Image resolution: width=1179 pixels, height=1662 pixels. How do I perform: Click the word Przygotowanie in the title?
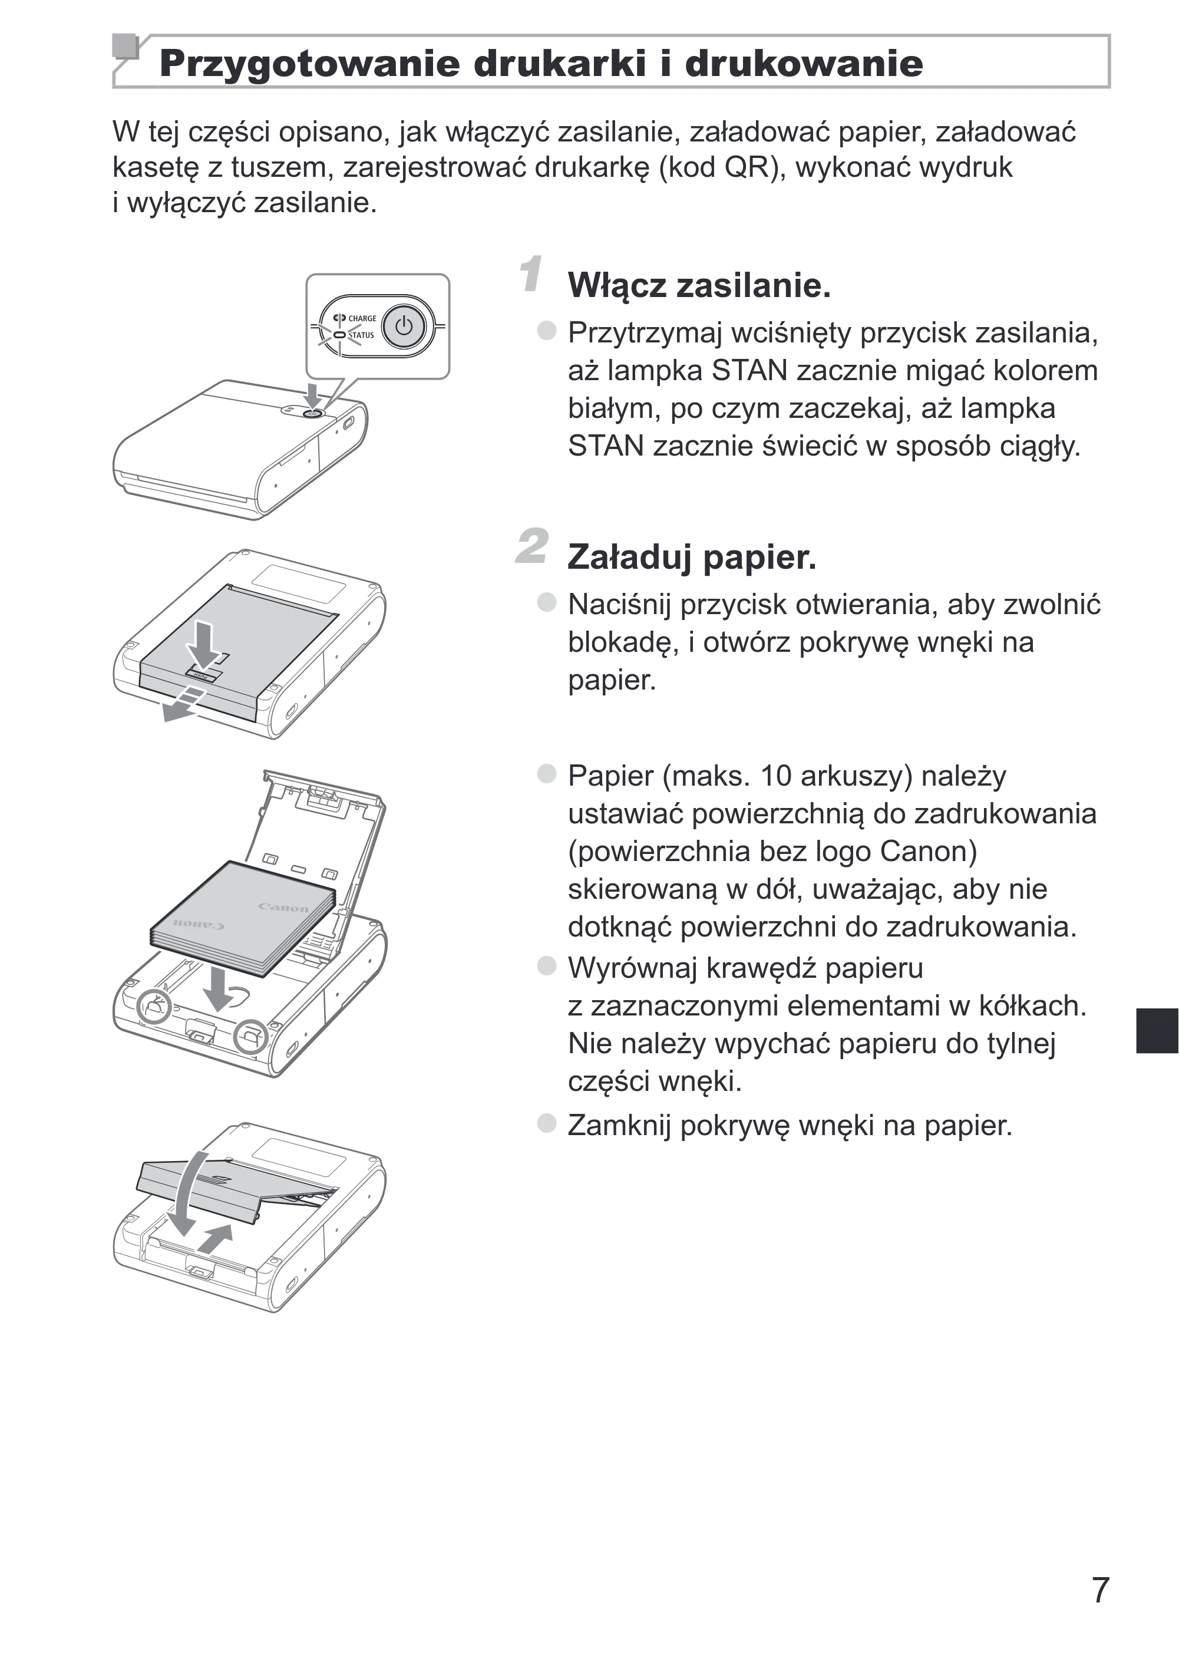point(309,64)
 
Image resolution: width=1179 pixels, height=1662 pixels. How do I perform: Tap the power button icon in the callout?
point(404,327)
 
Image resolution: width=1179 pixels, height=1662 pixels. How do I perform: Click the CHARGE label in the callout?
point(362,318)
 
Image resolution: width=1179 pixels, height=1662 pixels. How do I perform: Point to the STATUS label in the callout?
point(362,335)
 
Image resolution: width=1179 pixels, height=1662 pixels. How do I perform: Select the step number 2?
point(531,545)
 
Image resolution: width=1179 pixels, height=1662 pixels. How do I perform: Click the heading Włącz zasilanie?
point(699,285)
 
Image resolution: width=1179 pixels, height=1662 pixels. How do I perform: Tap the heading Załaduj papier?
point(692,558)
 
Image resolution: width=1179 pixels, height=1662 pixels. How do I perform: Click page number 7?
point(1101,1590)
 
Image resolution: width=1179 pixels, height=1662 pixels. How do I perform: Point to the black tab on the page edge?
point(1157,1030)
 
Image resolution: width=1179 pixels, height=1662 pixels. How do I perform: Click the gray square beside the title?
point(126,46)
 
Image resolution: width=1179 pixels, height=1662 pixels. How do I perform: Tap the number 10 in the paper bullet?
point(775,776)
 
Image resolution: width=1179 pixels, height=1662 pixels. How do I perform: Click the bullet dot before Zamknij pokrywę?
point(546,1123)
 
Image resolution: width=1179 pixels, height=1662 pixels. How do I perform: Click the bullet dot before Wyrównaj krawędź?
point(546,966)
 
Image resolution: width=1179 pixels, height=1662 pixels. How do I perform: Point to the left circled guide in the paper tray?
point(154,1007)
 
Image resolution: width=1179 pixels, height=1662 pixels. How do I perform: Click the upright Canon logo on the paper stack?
point(284,908)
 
